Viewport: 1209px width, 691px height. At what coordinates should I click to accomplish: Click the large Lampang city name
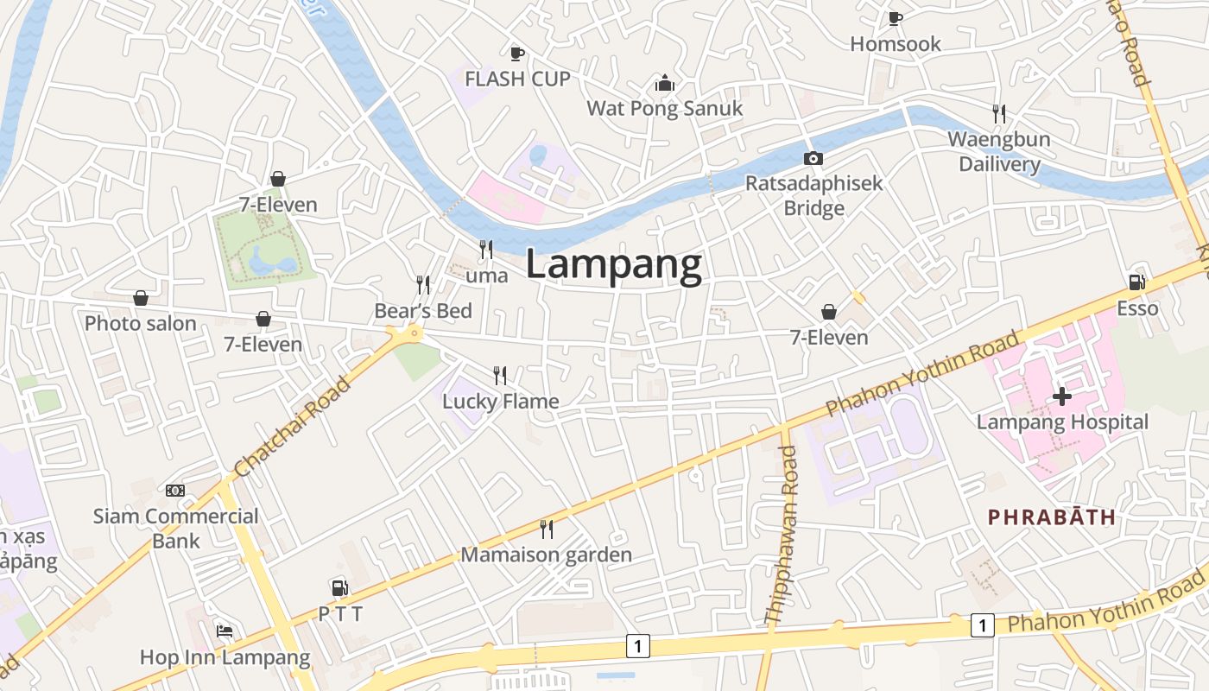click(x=613, y=265)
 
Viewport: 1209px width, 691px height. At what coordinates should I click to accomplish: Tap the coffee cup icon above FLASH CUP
click(x=517, y=54)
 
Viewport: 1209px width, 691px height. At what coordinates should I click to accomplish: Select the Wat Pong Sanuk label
click(x=664, y=109)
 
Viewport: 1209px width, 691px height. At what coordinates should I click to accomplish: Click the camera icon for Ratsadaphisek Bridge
click(x=813, y=158)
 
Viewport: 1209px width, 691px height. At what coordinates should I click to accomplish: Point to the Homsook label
click(x=896, y=44)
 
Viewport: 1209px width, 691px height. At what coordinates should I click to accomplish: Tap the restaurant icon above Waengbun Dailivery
click(x=998, y=113)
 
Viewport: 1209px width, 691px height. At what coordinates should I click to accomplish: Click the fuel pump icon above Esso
click(x=1136, y=282)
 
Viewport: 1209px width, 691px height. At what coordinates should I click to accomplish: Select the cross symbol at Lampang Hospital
click(x=1062, y=396)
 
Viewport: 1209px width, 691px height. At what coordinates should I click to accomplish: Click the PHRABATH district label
click(x=1052, y=517)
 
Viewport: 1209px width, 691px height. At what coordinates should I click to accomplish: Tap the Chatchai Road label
click(x=293, y=426)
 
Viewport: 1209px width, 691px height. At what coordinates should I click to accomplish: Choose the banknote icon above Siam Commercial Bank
click(x=175, y=491)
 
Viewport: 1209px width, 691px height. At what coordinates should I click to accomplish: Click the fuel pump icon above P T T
click(x=340, y=588)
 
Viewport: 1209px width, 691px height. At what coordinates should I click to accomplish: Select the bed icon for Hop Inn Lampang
click(x=225, y=631)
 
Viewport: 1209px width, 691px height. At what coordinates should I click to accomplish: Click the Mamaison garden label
click(x=546, y=555)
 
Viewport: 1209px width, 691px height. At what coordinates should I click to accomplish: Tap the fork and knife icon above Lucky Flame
click(x=500, y=375)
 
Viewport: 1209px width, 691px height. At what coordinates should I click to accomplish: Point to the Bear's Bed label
click(x=423, y=311)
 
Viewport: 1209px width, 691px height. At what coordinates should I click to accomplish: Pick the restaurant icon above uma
click(x=486, y=250)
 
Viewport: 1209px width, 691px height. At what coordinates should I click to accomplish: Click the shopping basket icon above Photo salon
click(x=141, y=298)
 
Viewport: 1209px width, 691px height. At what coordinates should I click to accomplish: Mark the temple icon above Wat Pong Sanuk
click(x=664, y=83)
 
